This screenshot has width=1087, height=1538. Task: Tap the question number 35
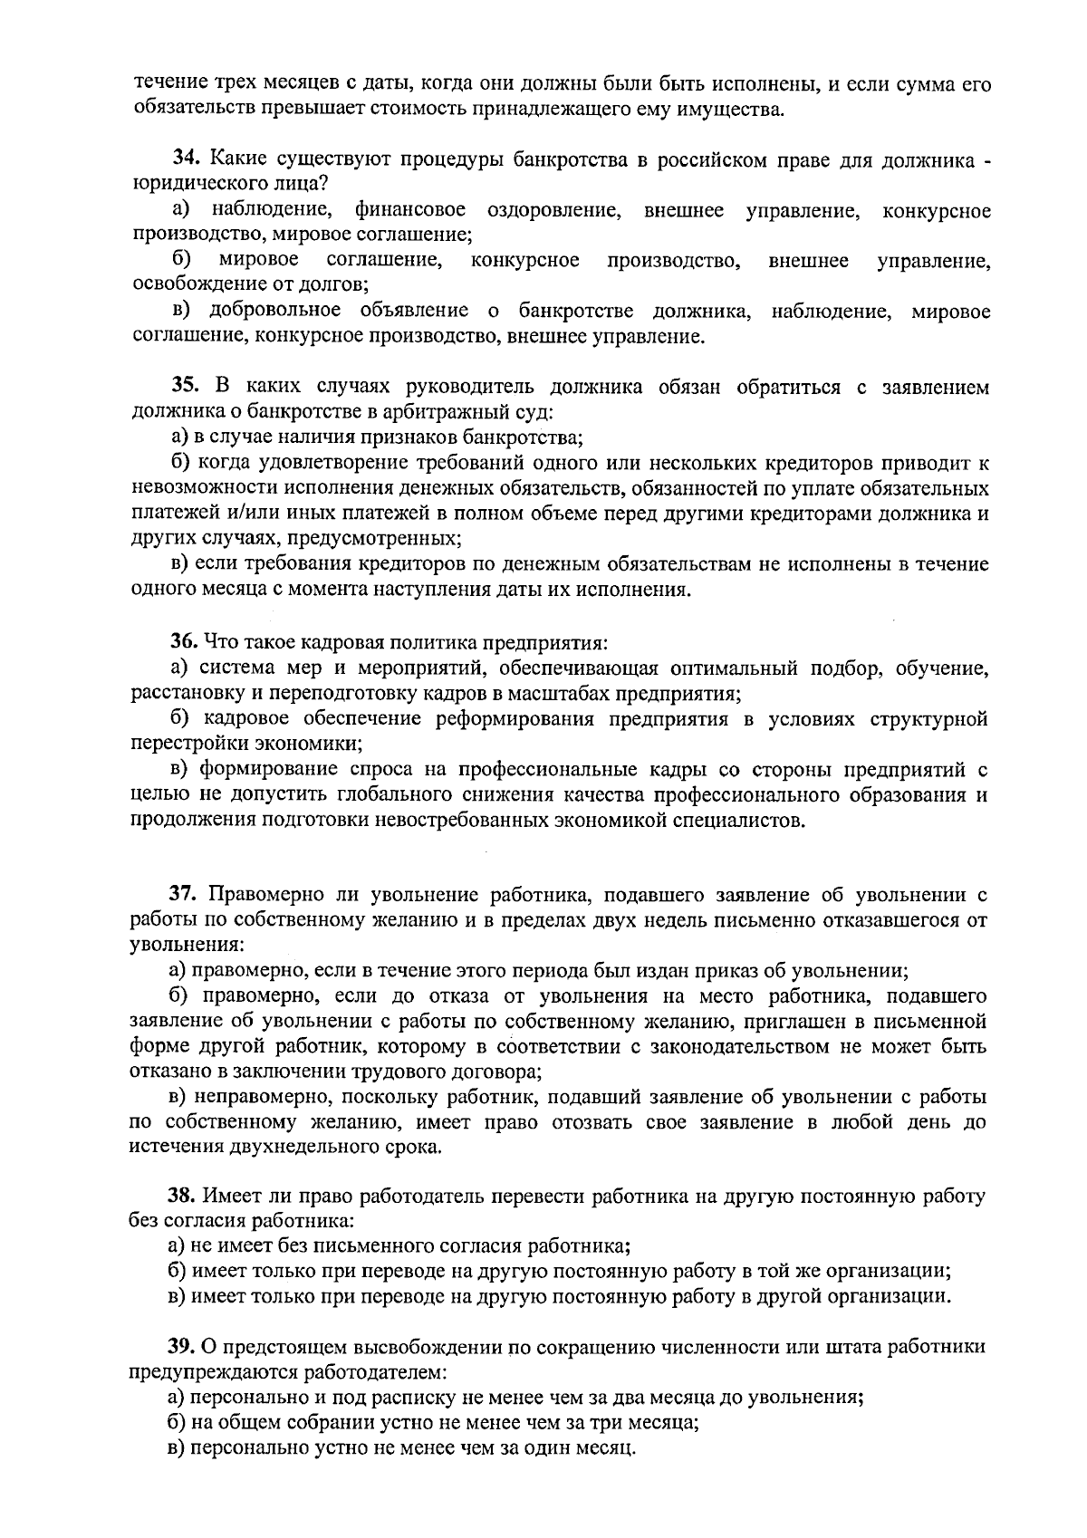pos(186,388)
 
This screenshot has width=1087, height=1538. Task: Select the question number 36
pos(184,643)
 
